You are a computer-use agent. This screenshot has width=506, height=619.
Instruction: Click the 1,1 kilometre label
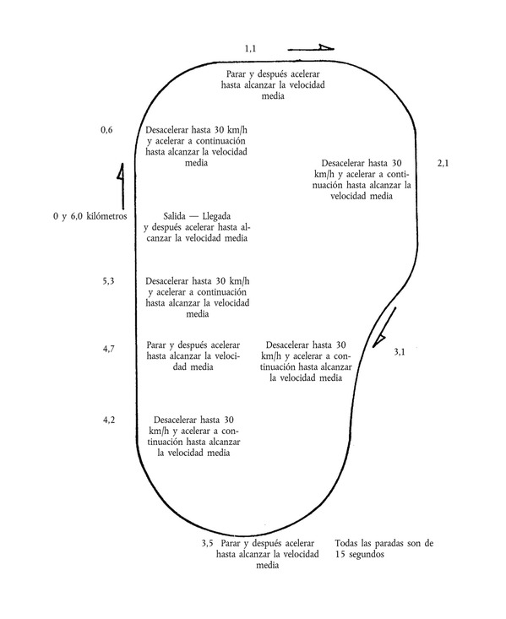(x=250, y=48)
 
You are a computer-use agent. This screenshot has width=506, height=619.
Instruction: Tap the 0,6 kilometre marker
(x=106, y=130)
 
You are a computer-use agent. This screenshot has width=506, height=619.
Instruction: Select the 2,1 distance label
(x=443, y=164)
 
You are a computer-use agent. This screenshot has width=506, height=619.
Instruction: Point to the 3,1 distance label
(x=400, y=352)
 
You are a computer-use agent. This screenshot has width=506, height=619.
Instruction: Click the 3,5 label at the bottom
(x=207, y=543)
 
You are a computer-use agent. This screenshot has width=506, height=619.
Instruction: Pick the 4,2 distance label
(x=109, y=420)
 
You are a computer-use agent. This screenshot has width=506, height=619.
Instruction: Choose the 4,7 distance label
(x=109, y=349)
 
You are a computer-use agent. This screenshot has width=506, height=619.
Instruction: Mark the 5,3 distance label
(x=109, y=281)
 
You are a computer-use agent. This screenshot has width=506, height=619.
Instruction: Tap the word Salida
(x=174, y=216)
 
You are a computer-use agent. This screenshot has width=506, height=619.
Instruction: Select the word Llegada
(x=216, y=217)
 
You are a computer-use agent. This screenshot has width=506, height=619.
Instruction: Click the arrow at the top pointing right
(x=311, y=48)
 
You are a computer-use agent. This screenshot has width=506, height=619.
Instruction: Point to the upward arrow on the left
(x=122, y=186)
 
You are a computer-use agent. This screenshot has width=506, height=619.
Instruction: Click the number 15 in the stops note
(x=340, y=554)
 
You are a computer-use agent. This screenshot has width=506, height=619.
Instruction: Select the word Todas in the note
(x=346, y=543)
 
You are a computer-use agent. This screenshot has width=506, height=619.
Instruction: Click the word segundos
(x=366, y=555)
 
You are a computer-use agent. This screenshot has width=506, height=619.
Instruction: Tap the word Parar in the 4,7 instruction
(x=156, y=345)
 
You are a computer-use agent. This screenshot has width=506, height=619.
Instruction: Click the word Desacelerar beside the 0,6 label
(x=167, y=130)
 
